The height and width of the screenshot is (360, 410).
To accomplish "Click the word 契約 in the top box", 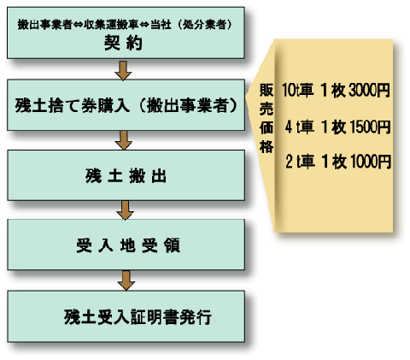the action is point(123,43).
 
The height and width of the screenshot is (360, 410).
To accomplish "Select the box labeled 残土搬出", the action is point(126,175).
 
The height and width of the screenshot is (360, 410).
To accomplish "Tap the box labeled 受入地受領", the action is point(126,245).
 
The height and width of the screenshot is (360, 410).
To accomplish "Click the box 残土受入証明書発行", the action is point(126,316).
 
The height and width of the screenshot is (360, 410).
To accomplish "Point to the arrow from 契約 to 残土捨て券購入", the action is point(123,70).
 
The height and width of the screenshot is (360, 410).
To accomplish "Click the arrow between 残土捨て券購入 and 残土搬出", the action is point(124,140).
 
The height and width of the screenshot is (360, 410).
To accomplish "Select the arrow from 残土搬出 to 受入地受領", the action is point(125,210).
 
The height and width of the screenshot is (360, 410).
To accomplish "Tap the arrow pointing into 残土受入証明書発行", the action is point(126,280).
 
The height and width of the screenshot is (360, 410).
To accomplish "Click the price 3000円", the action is point(369,90).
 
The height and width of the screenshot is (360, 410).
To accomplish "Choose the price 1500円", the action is point(370,127).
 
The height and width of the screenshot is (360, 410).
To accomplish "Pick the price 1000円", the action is point(371,162).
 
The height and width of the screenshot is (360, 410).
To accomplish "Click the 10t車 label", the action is point(298,90).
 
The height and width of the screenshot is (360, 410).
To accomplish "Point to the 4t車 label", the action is point(300,127).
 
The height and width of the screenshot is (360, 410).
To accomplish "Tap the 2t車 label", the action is point(300,162).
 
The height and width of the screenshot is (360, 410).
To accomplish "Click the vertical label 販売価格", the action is point(266,118).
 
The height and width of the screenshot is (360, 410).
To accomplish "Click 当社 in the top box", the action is point(161,25).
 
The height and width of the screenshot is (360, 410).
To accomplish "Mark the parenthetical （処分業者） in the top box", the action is point(204,25).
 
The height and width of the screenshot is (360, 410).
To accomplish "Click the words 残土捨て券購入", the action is point(73,105).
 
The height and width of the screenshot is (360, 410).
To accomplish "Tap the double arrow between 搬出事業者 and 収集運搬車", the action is point(78,25).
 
